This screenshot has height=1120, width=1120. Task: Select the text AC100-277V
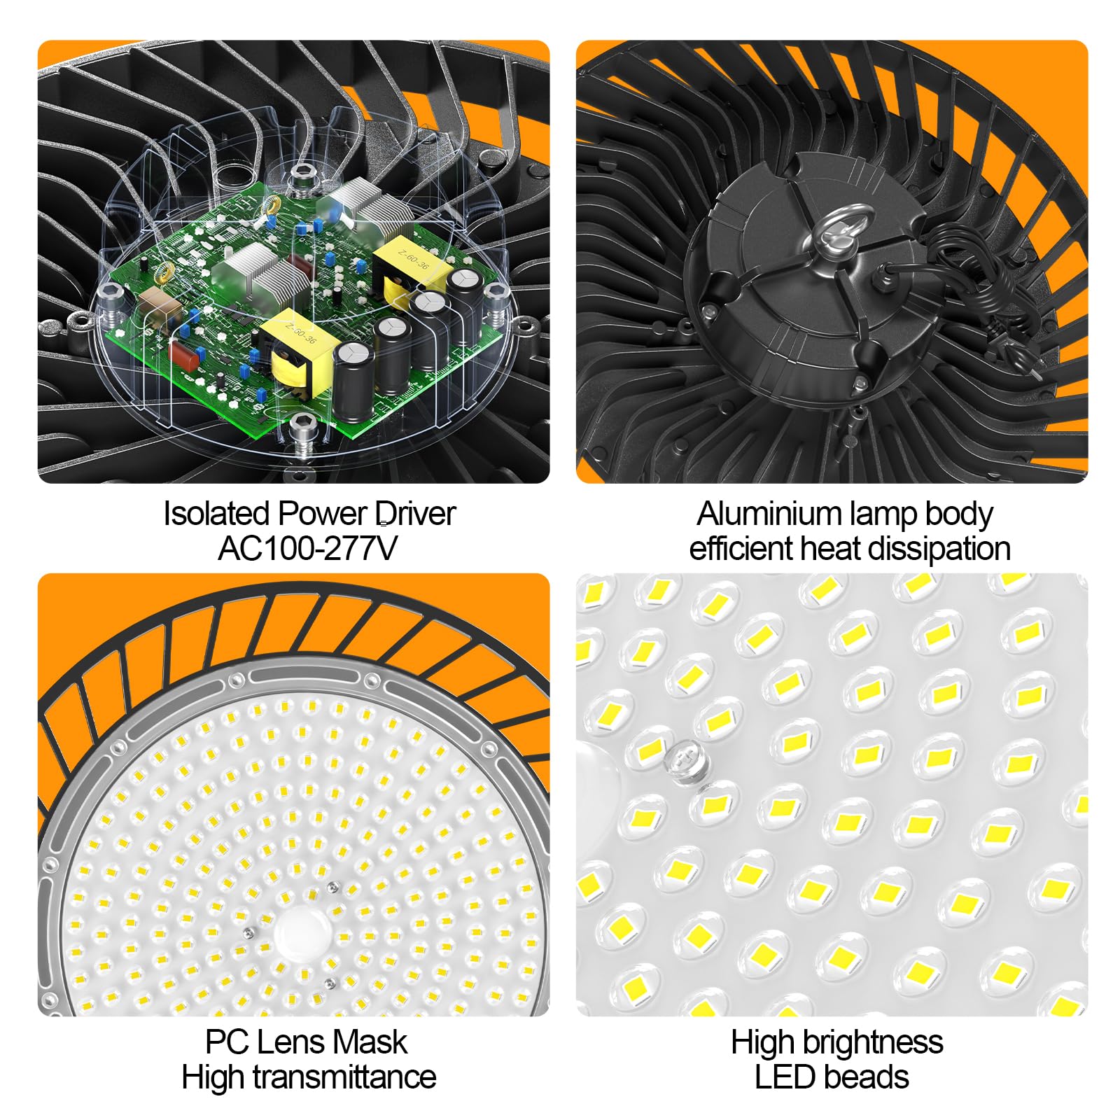pyautogui.click(x=307, y=548)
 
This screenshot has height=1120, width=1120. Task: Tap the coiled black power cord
pyautogui.click(x=980, y=280)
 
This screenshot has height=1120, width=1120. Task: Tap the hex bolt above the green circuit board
pyautogui.click(x=302, y=174)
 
